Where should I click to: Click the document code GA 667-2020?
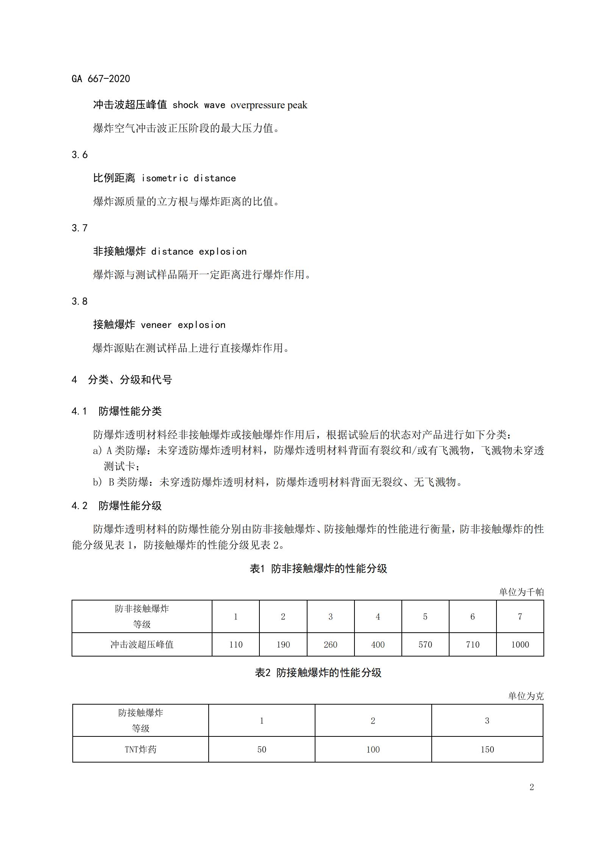tap(101, 79)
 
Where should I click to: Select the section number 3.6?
tap(80, 154)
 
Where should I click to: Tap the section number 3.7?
tap(80, 228)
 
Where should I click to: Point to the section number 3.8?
tap(80, 301)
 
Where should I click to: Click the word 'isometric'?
tap(165, 178)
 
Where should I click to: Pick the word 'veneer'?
tap(156, 325)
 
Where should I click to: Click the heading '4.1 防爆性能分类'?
tap(117, 411)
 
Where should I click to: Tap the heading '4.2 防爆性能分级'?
tap(117, 506)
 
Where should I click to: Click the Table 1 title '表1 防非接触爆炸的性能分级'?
tap(318, 569)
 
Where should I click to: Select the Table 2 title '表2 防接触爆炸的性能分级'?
tap(318, 673)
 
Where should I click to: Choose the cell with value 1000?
tap(520, 645)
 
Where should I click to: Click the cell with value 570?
tap(425, 645)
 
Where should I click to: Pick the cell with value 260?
tap(331, 645)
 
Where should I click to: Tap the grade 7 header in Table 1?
tap(520, 617)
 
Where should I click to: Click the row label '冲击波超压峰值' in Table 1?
tap(142, 645)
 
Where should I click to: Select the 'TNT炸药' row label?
tap(140, 749)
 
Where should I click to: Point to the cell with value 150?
tap(487, 749)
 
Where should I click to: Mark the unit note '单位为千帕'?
tap(521, 592)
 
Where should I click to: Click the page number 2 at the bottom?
tap(532, 787)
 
